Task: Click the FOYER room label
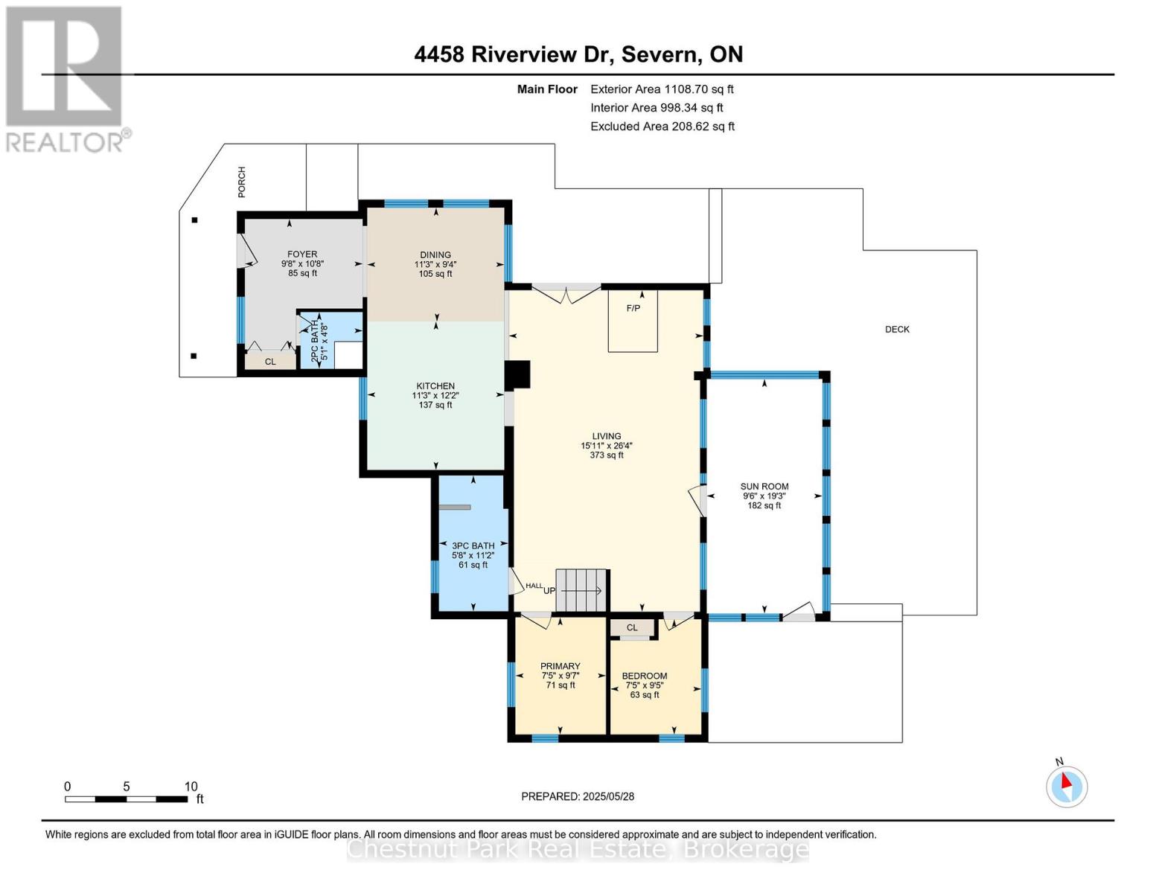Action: (302, 255)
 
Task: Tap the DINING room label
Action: (435, 255)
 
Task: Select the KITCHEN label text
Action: (435, 386)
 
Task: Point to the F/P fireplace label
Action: (633, 308)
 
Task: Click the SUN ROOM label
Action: (764, 486)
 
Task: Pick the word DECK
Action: (897, 329)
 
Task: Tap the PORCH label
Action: (242, 182)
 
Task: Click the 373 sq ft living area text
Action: (607, 455)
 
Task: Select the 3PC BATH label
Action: (473, 545)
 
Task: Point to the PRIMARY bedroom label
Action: (561, 666)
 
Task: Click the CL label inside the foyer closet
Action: (270, 362)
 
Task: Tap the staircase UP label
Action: (549, 591)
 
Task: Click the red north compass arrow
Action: (1066, 781)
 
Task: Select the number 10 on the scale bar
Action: (191, 786)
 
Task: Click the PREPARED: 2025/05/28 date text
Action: (578, 796)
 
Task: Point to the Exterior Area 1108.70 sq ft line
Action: (662, 89)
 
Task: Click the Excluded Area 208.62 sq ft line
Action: (662, 127)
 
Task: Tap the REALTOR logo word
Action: (65, 143)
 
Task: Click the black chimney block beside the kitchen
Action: (517, 374)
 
